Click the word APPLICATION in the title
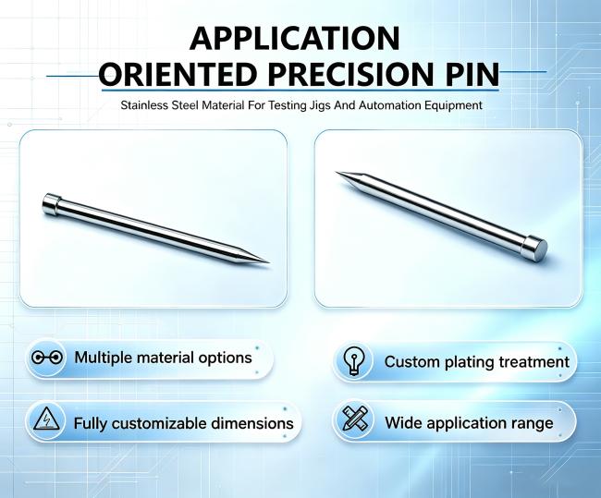tap(294, 38)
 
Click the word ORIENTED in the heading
tap(178, 74)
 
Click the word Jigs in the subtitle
tap(320, 105)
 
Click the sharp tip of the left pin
tap(269, 262)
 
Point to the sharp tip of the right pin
tap(337, 173)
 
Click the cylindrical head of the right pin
tap(534, 246)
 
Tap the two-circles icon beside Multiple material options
tap(47, 358)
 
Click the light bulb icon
tap(353, 361)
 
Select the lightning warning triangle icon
tap(46, 419)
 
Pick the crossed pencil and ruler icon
tap(354, 419)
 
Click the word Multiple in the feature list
tap(104, 358)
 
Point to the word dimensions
tap(252, 424)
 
